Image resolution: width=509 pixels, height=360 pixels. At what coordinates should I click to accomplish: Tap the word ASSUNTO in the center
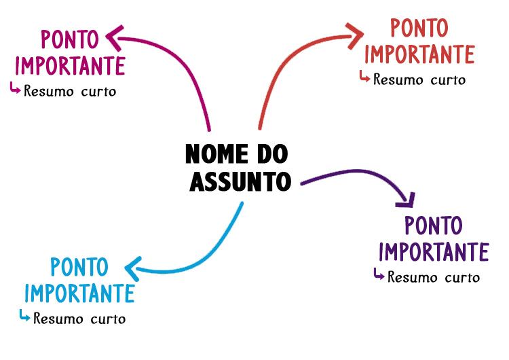click(x=240, y=181)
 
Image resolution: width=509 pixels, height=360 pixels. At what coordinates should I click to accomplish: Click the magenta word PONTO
click(x=69, y=39)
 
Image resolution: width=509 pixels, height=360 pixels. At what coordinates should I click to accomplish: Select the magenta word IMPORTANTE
click(x=70, y=66)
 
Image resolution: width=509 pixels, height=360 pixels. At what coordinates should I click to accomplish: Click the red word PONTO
click(x=419, y=29)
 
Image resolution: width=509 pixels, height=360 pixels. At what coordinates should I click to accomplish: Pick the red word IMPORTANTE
click(x=419, y=53)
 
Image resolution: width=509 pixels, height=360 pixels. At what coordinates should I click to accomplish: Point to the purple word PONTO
click(x=433, y=226)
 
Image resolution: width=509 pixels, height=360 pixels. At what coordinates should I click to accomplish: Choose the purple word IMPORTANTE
click(x=434, y=251)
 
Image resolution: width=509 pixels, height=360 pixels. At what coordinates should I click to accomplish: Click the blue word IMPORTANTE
click(x=79, y=293)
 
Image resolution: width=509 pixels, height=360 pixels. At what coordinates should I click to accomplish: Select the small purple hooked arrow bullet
click(x=379, y=274)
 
